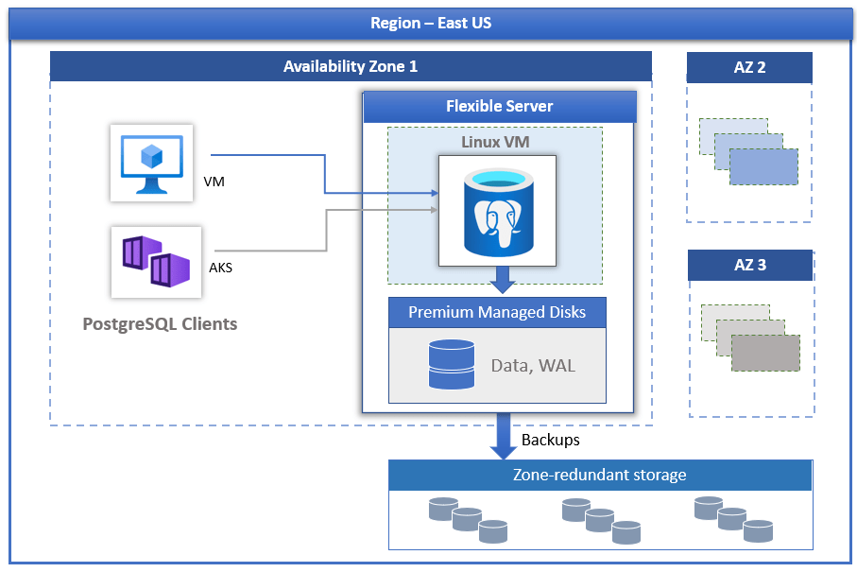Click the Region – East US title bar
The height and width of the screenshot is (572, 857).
pyautogui.click(x=430, y=24)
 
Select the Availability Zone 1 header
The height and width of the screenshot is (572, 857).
pyautogui.click(x=351, y=67)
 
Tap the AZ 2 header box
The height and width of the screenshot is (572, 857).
pyautogui.click(x=749, y=68)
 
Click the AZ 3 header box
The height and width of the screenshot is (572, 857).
pyautogui.click(x=750, y=266)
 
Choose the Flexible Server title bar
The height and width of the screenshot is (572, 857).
pyautogui.click(x=500, y=107)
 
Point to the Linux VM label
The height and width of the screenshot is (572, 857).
pyautogui.click(x=495, y=142)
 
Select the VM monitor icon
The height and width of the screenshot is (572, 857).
pyautogui.click(x=151, y=163)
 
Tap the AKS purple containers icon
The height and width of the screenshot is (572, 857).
pyautogui.click(x=156, y=261)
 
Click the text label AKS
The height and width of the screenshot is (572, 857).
pyautogui.click(x=220, y=268)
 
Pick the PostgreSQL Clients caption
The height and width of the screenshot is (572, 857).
pyautogui.click(x=160, y=324)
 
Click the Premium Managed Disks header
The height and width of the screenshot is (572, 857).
pyautogui.click(x=497, y=313)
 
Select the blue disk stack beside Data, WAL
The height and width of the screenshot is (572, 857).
pyautogui.click(x=452, y=365)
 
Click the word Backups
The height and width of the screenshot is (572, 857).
pyautogui.click(x=551, y=441)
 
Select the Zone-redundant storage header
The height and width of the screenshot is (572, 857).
pyautogui.click(x=600, y=476)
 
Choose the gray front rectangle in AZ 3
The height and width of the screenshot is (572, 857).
pyautogui.click(x=765, y=353)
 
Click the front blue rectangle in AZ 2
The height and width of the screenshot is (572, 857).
pyautogui.click(x=763, y=166)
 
